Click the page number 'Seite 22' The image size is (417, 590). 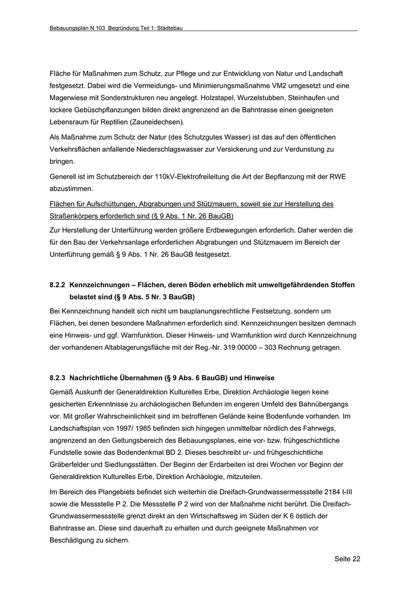pos(347,559)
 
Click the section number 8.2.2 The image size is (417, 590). pos(58,285)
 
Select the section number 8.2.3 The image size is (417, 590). pos(58,377)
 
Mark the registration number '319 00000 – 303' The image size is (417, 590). pos(260,347)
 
